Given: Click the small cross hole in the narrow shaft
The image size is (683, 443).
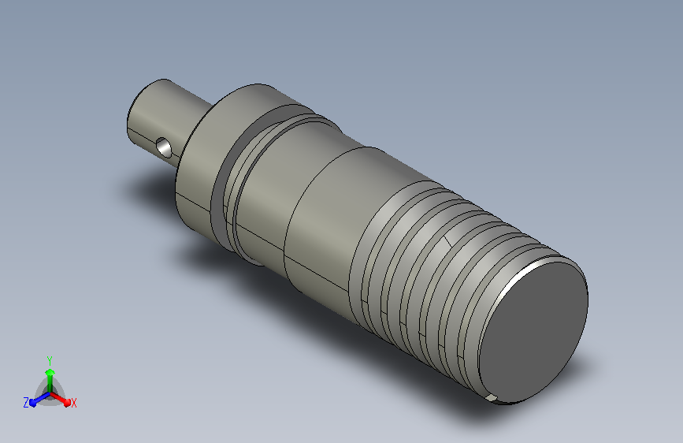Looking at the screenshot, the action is click(x=163, y=147).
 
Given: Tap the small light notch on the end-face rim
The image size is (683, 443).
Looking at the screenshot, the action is click(x=492, y=397).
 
